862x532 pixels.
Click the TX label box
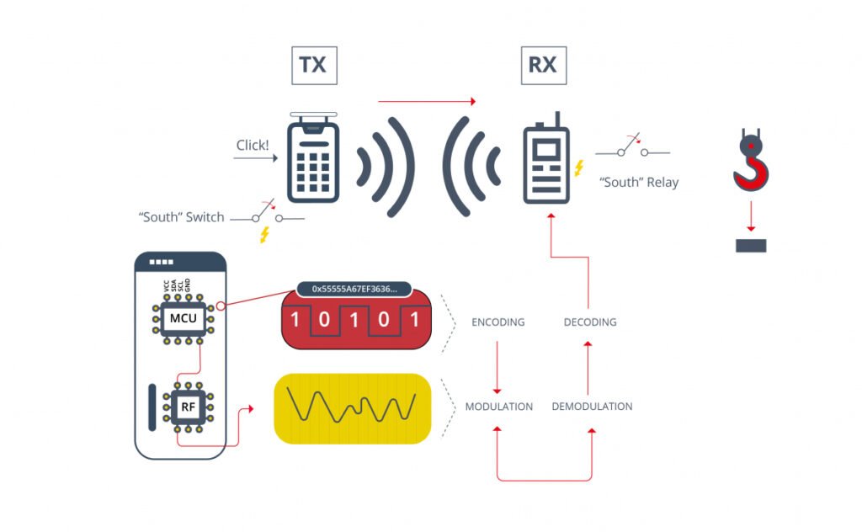(313, 65)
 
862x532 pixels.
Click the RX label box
(542, 65)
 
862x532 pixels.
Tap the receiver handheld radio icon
(546, 165)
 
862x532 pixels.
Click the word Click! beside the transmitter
(253, 145)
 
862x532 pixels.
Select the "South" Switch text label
(182, 217)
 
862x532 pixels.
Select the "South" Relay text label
(638, 182)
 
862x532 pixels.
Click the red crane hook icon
(750, 164)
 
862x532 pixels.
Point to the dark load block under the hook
(750, 246)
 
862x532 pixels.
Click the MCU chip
(184, 318)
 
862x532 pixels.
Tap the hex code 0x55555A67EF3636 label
(354, 289)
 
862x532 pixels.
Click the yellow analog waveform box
(353, 408)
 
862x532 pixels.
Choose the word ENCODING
(498, 322)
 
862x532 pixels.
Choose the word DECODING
(589, 322)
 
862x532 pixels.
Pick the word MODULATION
(498, 406)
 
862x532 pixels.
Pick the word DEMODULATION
(592, 406)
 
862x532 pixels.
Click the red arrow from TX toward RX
(427, 101)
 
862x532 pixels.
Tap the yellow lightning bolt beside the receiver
(579, 168)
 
